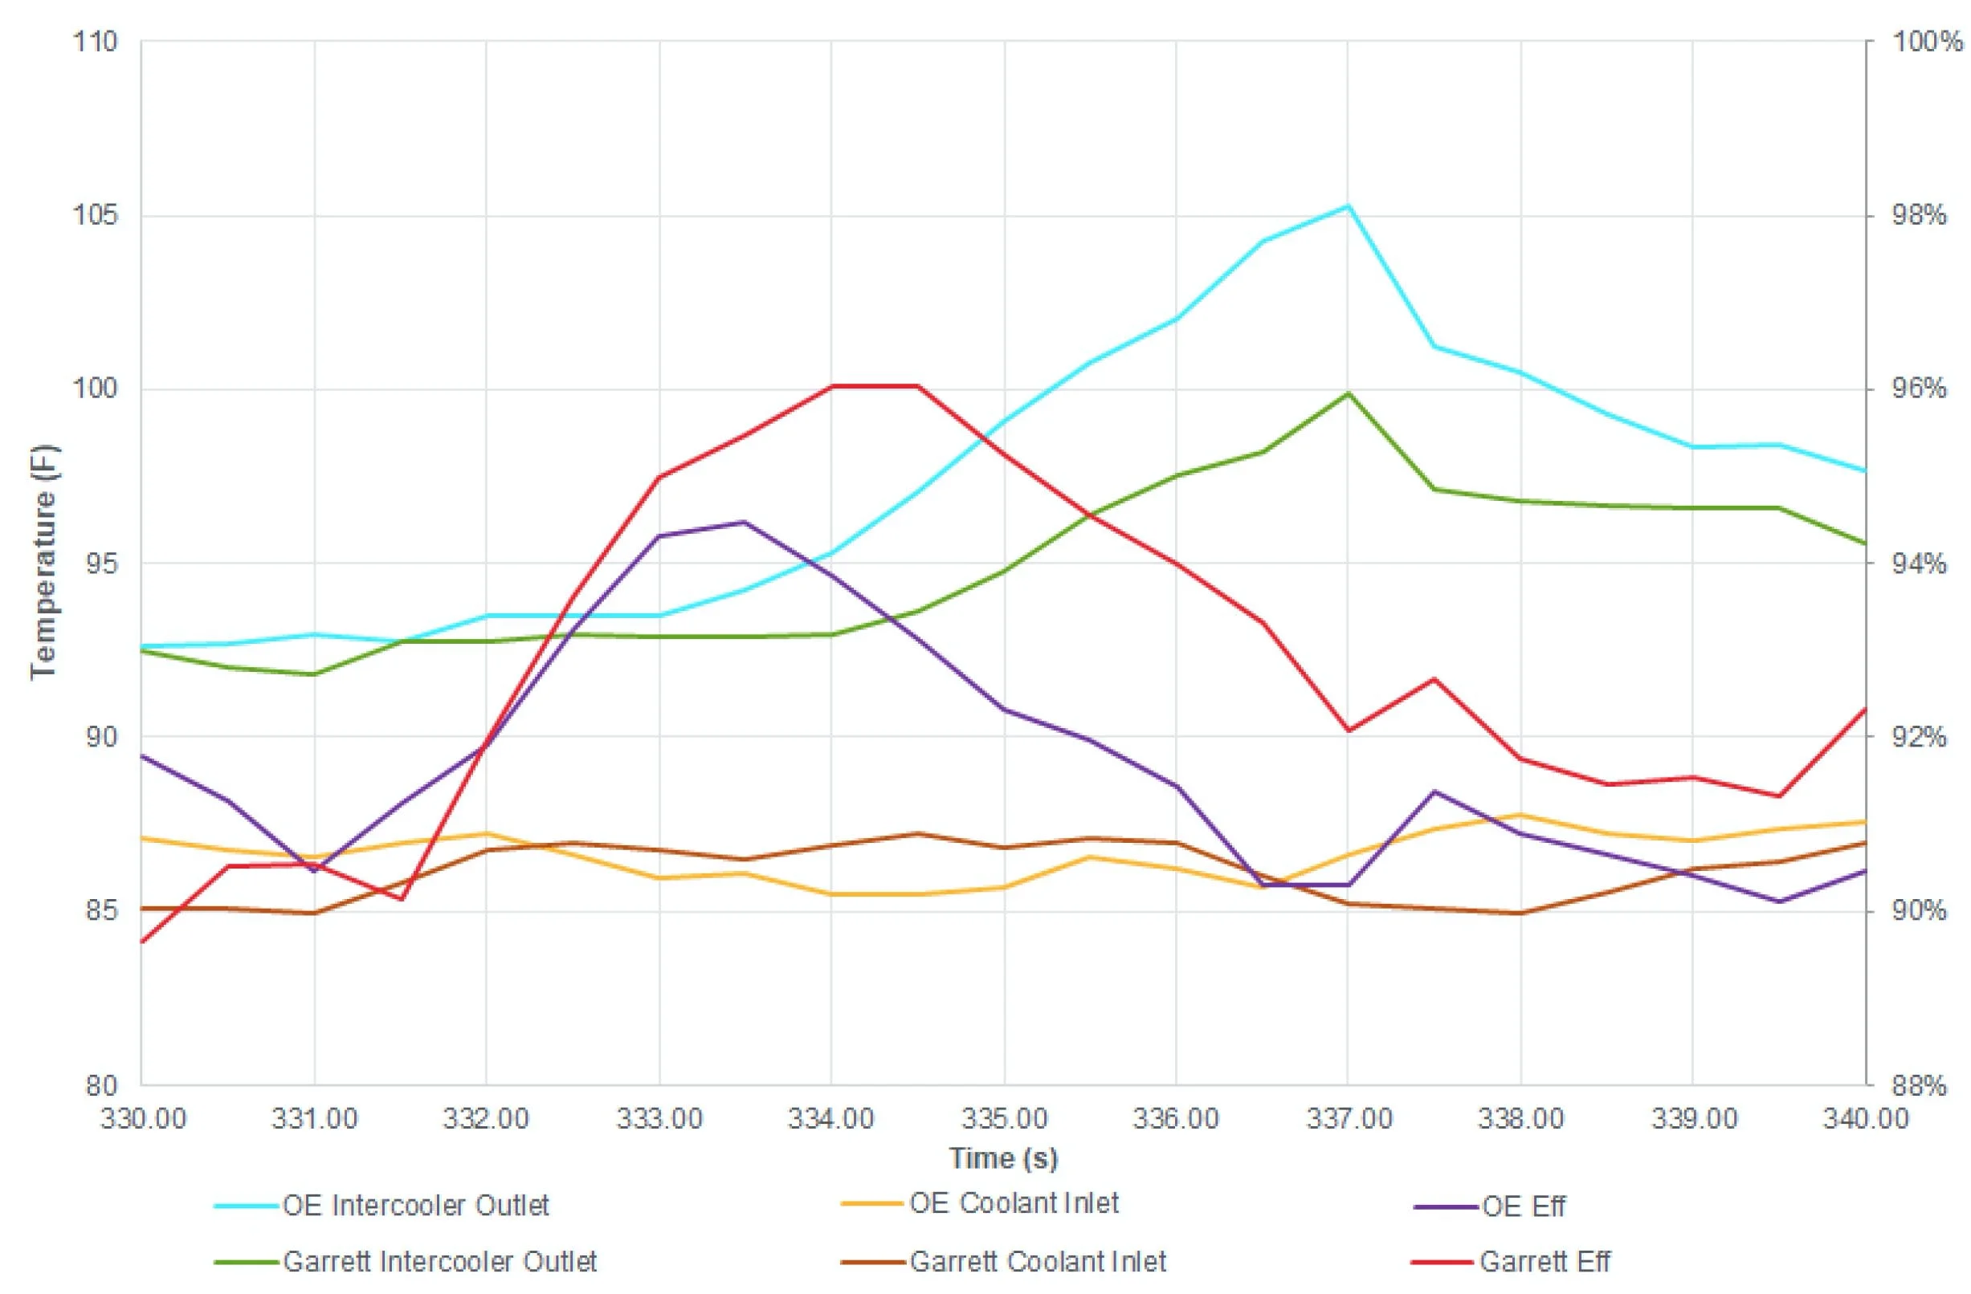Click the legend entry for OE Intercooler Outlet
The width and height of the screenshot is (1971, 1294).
[415, 1206]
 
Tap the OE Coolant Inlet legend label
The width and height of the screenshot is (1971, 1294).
[1014, 1203]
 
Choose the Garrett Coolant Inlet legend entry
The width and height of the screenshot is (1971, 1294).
[1038, 1262]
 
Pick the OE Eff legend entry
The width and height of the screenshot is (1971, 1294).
[1523, 1207]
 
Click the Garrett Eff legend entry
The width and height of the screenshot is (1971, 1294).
[1545, 1262]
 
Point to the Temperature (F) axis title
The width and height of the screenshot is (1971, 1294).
[43, 563]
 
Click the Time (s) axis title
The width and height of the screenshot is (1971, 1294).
[1003, 1158]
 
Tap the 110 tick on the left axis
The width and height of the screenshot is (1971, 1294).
[96, 42]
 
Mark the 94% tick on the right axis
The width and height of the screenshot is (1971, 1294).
[1919, 564]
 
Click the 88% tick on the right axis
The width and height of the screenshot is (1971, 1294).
[1919, 1085]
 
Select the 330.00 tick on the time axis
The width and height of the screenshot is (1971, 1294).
[143, 1118]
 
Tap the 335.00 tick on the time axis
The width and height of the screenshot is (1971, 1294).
[1004, 1118]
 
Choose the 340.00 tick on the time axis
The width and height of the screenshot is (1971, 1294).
[1865, 1118]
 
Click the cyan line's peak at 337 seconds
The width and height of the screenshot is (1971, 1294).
[1349, 205]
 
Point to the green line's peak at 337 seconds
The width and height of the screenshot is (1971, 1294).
[1349, 393]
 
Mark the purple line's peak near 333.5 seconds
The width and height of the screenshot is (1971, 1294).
[745, 522]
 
